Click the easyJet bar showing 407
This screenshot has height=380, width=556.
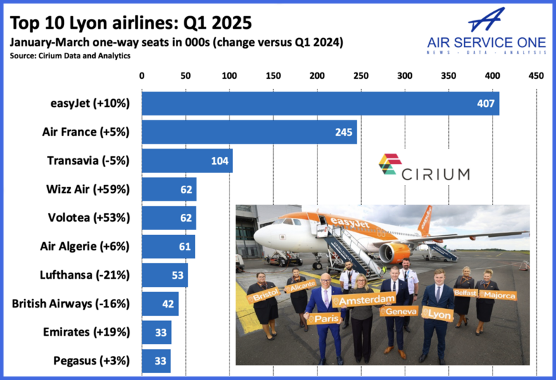point(320,103)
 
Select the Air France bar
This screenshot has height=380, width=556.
point(249,132)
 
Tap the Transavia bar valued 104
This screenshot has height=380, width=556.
point(187,161)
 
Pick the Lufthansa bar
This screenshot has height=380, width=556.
point(165,275)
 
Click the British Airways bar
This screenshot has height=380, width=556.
point(160,304)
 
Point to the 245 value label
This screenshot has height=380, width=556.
point(343,132)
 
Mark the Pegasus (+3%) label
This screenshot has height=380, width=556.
point(91,361)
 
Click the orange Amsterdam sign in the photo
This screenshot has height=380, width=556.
point(367,300)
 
